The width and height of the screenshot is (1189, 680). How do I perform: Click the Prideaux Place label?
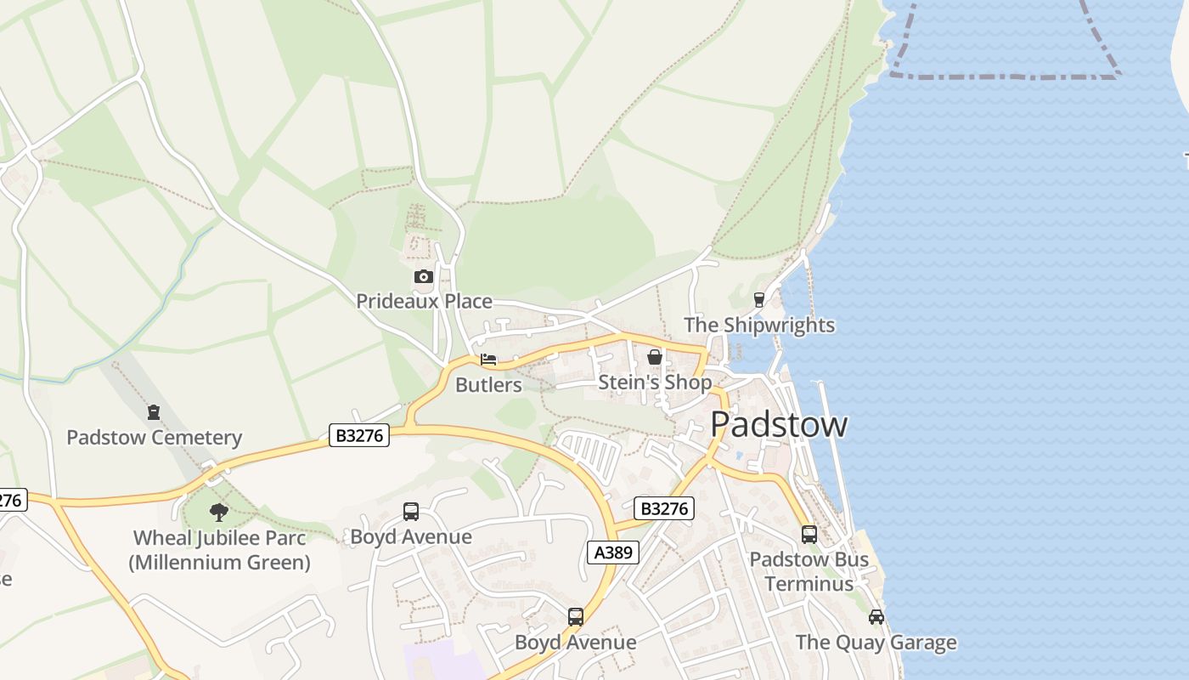pyautogui.click(x=424, y=301)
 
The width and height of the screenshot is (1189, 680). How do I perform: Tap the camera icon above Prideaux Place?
pyautogui.click(x=423, y=276)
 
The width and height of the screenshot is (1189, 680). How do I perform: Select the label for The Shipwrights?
pyautogui.click(x=759, y=325)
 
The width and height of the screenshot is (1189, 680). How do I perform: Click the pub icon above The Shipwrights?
pyautogui.click(x=759, y=299)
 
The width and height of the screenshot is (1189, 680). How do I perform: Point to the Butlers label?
pyautogui.click(x=488, y=384)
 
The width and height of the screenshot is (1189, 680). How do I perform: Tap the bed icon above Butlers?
pyautogui.click(x=488, y=360)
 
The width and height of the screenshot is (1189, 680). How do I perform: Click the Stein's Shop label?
pyautogui.click(x=655, y=382)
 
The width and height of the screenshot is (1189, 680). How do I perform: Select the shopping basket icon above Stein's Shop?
pyautogui.click(x=655, y=357)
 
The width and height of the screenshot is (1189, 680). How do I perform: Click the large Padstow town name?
pyautogui.click(x=778, y=423)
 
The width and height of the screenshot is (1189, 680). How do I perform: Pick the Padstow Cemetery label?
pyautogui.click(x=154, y=437)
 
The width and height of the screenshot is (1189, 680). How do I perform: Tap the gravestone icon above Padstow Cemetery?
pyautogui.click(x=154, y=412)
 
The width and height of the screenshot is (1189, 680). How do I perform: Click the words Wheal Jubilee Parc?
pyautogui.click(x=219, y=537)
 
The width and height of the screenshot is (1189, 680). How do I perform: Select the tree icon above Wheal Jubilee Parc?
pyautogui.click(x=219, y=512)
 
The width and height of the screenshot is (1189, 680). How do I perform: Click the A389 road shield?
pyautogui.click(x=612, y=552)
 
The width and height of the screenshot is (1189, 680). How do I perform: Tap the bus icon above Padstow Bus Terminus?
pyautogui.click(x=809, y=534)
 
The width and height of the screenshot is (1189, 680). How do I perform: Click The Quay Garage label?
pyautogui.click(x=876, y=642)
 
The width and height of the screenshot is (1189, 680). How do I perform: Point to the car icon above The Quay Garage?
pyautogui.click(x=876, y=616)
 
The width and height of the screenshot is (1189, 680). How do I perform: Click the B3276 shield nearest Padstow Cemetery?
pyautogui.click(x=359, y=436)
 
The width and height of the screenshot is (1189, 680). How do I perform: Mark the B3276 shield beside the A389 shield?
pyautogui.click(x=664, y=509)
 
